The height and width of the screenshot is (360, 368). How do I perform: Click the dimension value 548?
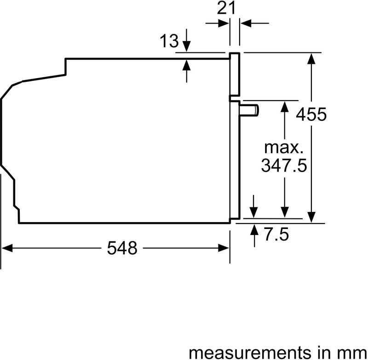122,248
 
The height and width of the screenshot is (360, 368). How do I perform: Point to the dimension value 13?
170,41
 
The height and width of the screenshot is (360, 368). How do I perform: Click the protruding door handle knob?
251,110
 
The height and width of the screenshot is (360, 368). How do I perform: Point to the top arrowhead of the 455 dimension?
312,57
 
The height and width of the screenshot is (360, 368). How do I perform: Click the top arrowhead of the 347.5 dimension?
285,105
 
